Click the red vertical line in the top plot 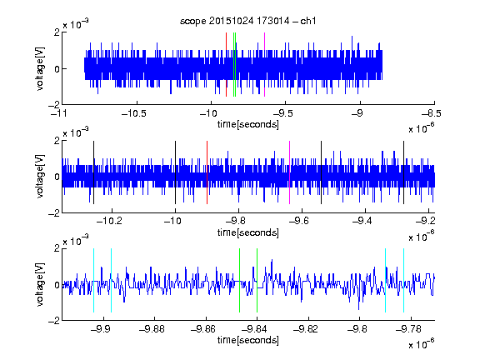[x=226, y=65]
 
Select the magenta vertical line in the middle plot [x=290, y=172]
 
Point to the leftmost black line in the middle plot [x=93, y=172]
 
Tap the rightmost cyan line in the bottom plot [x=404, y=280]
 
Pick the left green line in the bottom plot [x=239, y=280]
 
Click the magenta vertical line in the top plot [x=264, y=65]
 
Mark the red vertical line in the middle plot [x=207, y=172]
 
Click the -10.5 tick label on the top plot [x=134, y=113]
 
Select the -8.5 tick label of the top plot [x=432, y=113]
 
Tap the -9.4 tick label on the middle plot [x=362, y=221]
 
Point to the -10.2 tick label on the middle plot [x=109, y=221]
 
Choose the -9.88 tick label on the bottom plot [x=152, y=329]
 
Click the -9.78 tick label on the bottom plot [x=408, y=329]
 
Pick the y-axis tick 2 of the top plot [x=57, y=32]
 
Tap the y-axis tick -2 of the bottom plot [x=54, y=321]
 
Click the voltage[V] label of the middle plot [x=40, y=176]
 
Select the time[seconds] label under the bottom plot [x=248, y=340]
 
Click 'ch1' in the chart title [x=308, y=21]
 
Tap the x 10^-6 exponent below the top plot [x=422, y=127]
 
